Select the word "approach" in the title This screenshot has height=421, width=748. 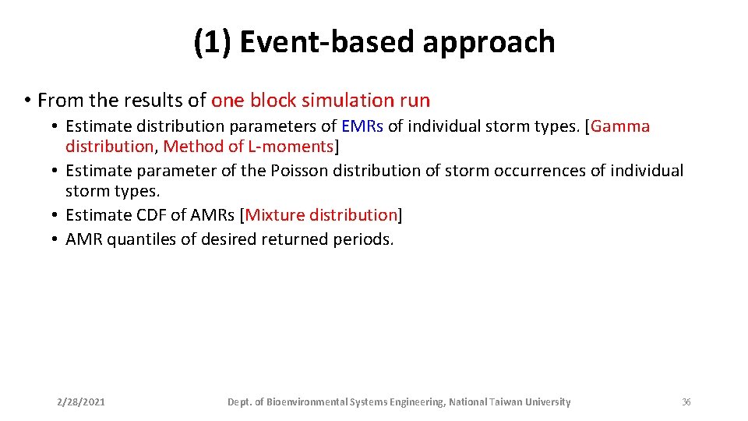click(x=489, y=42)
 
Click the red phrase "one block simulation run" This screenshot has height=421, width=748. click(x=320, y=100)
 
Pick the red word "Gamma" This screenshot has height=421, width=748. click(x=620, y=126)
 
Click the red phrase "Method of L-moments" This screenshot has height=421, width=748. click(x=248, y=146)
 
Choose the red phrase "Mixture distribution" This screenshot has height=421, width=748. click(x=321, y=215)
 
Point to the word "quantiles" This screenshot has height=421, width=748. click(x=141, y=239)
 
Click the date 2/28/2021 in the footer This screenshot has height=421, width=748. click(x=81, y=402)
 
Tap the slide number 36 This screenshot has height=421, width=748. click(x=686, y=402)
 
